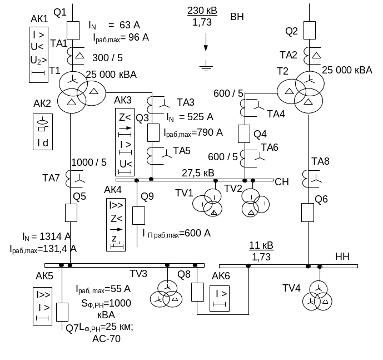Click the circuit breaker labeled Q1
(x=73, y=29)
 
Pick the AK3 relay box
(x=126, y=141)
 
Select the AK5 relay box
(x=43, y=305)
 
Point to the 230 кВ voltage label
(x=203, y=11)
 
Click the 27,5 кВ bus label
(x=198, y=172)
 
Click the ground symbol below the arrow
(x=206, y=67)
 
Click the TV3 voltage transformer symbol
(x=166, y=294)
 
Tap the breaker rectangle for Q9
(x=138, y=215)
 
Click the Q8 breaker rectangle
(x=197, y=292)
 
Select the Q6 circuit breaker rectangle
(x=308, y=212)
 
